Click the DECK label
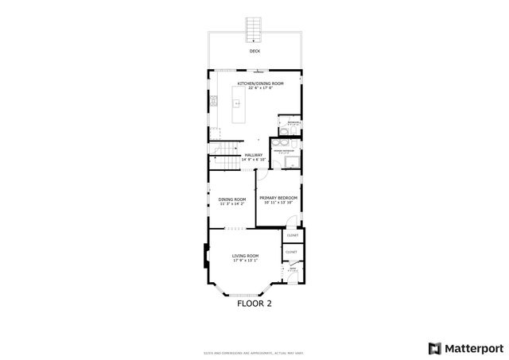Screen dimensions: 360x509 click(x=254, y=52)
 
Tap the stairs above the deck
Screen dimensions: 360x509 click(x=254, y=29)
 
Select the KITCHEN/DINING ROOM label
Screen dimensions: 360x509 click(x=266, y=83)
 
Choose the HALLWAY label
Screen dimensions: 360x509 click(x=254, y=155)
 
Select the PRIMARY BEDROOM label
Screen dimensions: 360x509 click(x=278, y=197)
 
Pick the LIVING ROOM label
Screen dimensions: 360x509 click(x=246, y=255)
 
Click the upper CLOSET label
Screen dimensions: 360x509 click(x=292, y=235)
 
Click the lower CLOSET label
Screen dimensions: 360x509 click(x=291, y=252)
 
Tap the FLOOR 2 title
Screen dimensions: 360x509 click(x=254, y=303)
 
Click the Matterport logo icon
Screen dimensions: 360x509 click(x=434, y=347)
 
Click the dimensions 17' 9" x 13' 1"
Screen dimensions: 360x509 click(x=246, y=260)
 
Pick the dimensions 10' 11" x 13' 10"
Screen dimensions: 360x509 click(x=278, y=202)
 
